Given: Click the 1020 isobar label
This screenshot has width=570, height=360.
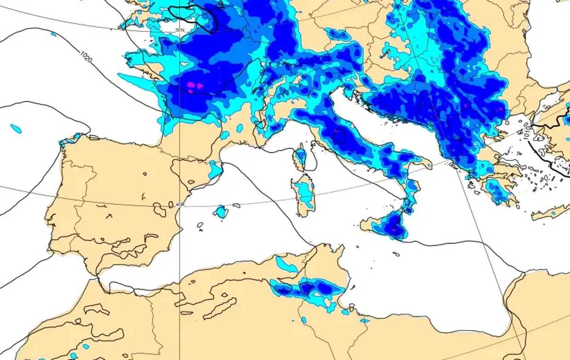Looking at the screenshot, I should click(x=86, y=57).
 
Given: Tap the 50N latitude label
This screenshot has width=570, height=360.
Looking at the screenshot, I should click(x=180, y=30).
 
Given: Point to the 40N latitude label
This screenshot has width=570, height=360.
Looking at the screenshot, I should click(x=180, y=204).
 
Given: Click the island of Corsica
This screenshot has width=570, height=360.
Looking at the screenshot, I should click(x=300, y=157).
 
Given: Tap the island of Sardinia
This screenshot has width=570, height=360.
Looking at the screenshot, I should click(x=304, y=193).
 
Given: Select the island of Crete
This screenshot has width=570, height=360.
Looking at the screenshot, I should click(x=550, y=213).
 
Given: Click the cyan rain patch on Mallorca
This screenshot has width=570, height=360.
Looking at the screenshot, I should click(x=221, y=212).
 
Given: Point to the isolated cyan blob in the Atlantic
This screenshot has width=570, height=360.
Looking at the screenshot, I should click(x=16, y=128).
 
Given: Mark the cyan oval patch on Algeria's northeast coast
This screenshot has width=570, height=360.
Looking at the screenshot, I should click(x=285, y=264).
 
